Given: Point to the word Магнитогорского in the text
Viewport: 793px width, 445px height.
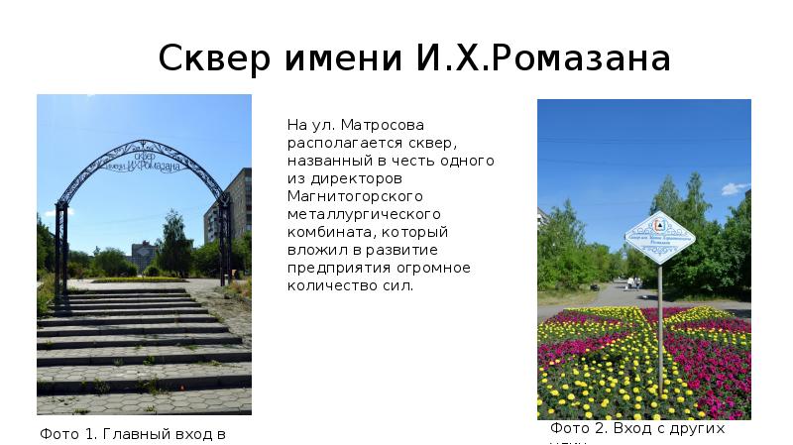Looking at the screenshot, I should (x=343, y=197).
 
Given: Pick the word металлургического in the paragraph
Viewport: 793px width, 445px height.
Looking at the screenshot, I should (x=364, y=215).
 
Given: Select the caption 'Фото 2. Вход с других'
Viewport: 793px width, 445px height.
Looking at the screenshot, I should (x=637, y=429).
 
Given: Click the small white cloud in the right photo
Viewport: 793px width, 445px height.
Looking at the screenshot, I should (x=735, y=187).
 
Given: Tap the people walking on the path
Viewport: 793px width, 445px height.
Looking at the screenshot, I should (x=630, y=282).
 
